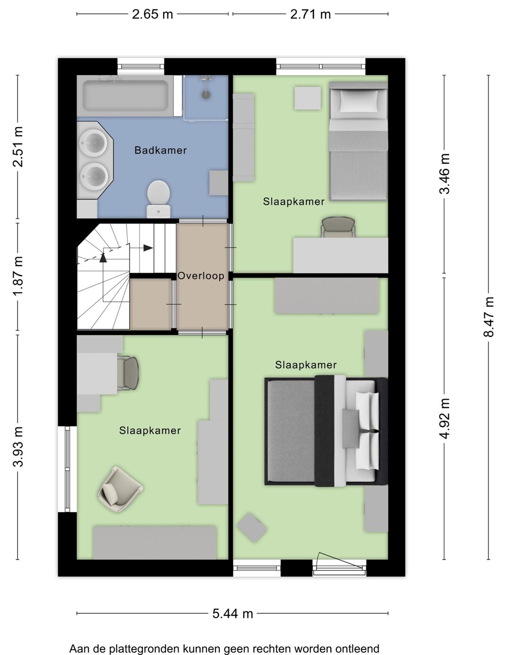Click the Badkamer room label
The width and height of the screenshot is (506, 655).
tap(160, 150)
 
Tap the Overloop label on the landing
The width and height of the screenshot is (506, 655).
tap(201, 275)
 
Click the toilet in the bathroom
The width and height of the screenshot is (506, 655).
tap(158, 199)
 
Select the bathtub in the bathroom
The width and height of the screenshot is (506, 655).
tap(126, 96)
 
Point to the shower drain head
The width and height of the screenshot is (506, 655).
tap(206, 95)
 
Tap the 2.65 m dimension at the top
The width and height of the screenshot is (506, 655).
tap(152, 14)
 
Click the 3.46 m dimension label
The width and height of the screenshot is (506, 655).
tap(444, 174)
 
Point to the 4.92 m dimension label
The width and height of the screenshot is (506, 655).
tap(444, 419)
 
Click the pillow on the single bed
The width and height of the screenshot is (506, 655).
tap(358, 101)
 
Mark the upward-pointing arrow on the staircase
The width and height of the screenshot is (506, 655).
tap(104, 258)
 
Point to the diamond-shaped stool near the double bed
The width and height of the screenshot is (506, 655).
tap(252, 528)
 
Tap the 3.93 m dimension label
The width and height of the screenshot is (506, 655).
tap(18, 447)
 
